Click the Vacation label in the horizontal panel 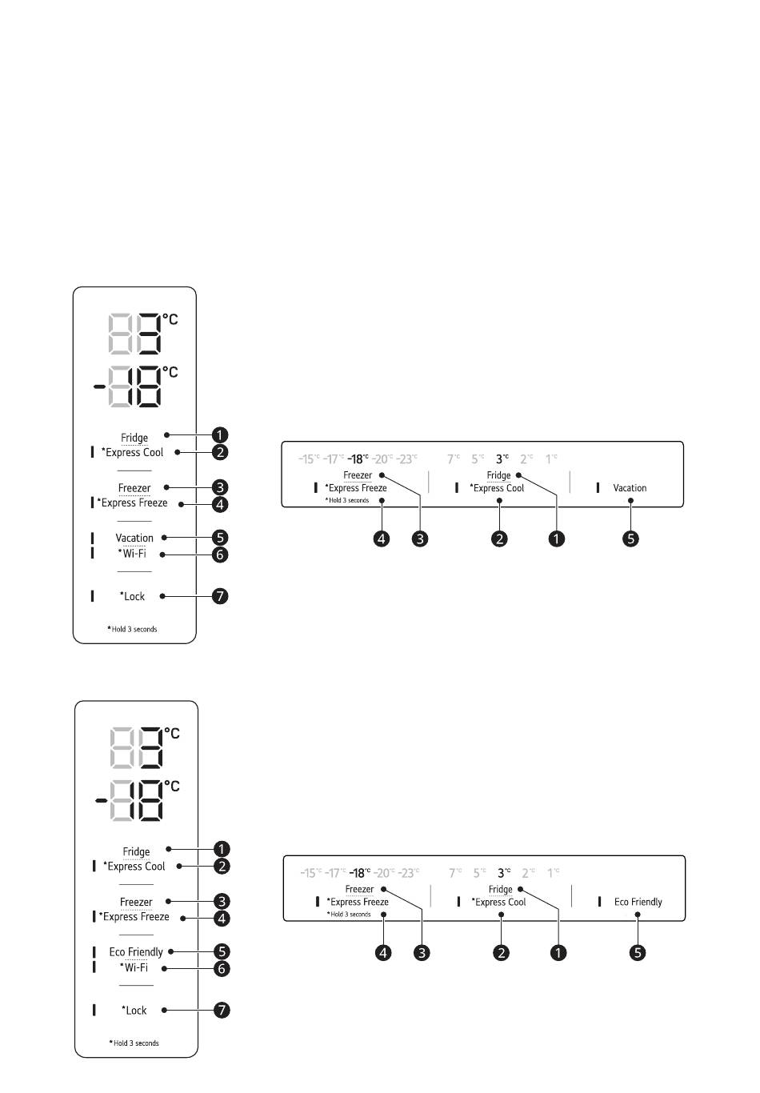pos(630,488)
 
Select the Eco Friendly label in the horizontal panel pos(638,902)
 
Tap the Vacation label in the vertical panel pos(134,538)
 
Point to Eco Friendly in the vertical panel pos(136,952)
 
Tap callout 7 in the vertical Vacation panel pos(220,596)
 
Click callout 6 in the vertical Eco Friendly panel pos(222,968)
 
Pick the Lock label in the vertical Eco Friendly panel pos(134,1011)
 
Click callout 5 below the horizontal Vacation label pos(631,538)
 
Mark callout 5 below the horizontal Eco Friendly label pos(638,953)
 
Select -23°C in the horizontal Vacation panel pos(407,459)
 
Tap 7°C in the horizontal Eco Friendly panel pos(454,873)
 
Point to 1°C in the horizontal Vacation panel pos(551,459)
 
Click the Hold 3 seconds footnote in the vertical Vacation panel pos(133,630)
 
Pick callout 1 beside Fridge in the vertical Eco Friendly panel pos(222,849)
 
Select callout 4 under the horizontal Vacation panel pos(382,538)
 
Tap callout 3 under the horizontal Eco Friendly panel pos(422,953)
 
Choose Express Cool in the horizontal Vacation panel pos(497,488)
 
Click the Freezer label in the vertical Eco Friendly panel pos(136,902)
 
